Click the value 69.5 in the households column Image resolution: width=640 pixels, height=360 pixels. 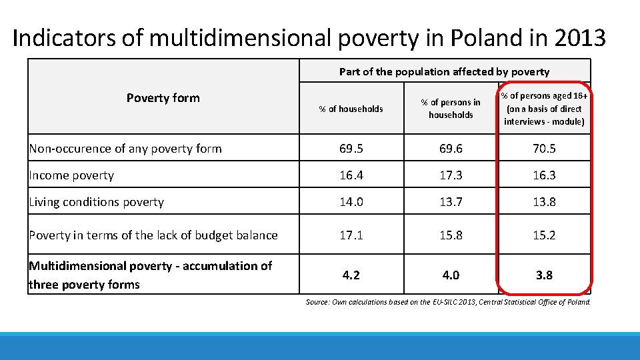[351, 149]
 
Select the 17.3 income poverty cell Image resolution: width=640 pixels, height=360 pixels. [451, 175]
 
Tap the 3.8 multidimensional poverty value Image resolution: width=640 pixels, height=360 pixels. [544, 275]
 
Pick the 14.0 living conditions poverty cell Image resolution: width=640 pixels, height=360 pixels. [351, 202]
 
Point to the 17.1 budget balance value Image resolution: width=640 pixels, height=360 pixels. [351, 235]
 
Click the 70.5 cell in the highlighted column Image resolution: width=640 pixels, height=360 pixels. [544, 149]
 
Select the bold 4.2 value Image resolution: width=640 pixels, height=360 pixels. [351, 275]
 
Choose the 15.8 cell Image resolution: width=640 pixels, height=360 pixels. [451, 235]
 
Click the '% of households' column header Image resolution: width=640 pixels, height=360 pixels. [351, 109]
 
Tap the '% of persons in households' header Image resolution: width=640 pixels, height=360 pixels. [451, 109]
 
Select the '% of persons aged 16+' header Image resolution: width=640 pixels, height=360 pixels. [544, 109]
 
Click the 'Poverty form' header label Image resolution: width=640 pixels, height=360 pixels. [163, 98]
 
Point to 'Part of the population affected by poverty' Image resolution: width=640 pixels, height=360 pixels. [444, 71]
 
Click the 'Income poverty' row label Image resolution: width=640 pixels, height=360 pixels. [71, 175]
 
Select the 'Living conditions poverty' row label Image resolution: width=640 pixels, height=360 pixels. [96, 202]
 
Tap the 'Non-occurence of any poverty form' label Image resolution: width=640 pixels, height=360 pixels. [125, 149]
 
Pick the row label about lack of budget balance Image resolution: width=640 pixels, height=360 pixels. [153, 235]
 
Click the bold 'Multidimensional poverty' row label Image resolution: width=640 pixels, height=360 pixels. [150, 275]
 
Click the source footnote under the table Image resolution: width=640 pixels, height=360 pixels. [448, 302]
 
